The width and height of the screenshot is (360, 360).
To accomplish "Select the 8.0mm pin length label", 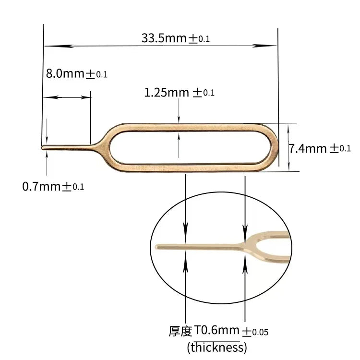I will pyautogui.click(x=65, y=74).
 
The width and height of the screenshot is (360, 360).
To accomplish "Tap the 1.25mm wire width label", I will pyautogui.click(x=167, y=93).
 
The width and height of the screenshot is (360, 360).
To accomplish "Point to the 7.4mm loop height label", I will pyautogui.click(x=308, y=148).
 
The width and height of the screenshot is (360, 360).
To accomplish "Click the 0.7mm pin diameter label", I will pyautogui.click(x=42, y=186).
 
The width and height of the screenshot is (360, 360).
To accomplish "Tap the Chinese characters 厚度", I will pyautogui.click(x=180, y=331).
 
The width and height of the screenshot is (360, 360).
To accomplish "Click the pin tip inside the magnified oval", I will pyautogui.click(x=157, y=247).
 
